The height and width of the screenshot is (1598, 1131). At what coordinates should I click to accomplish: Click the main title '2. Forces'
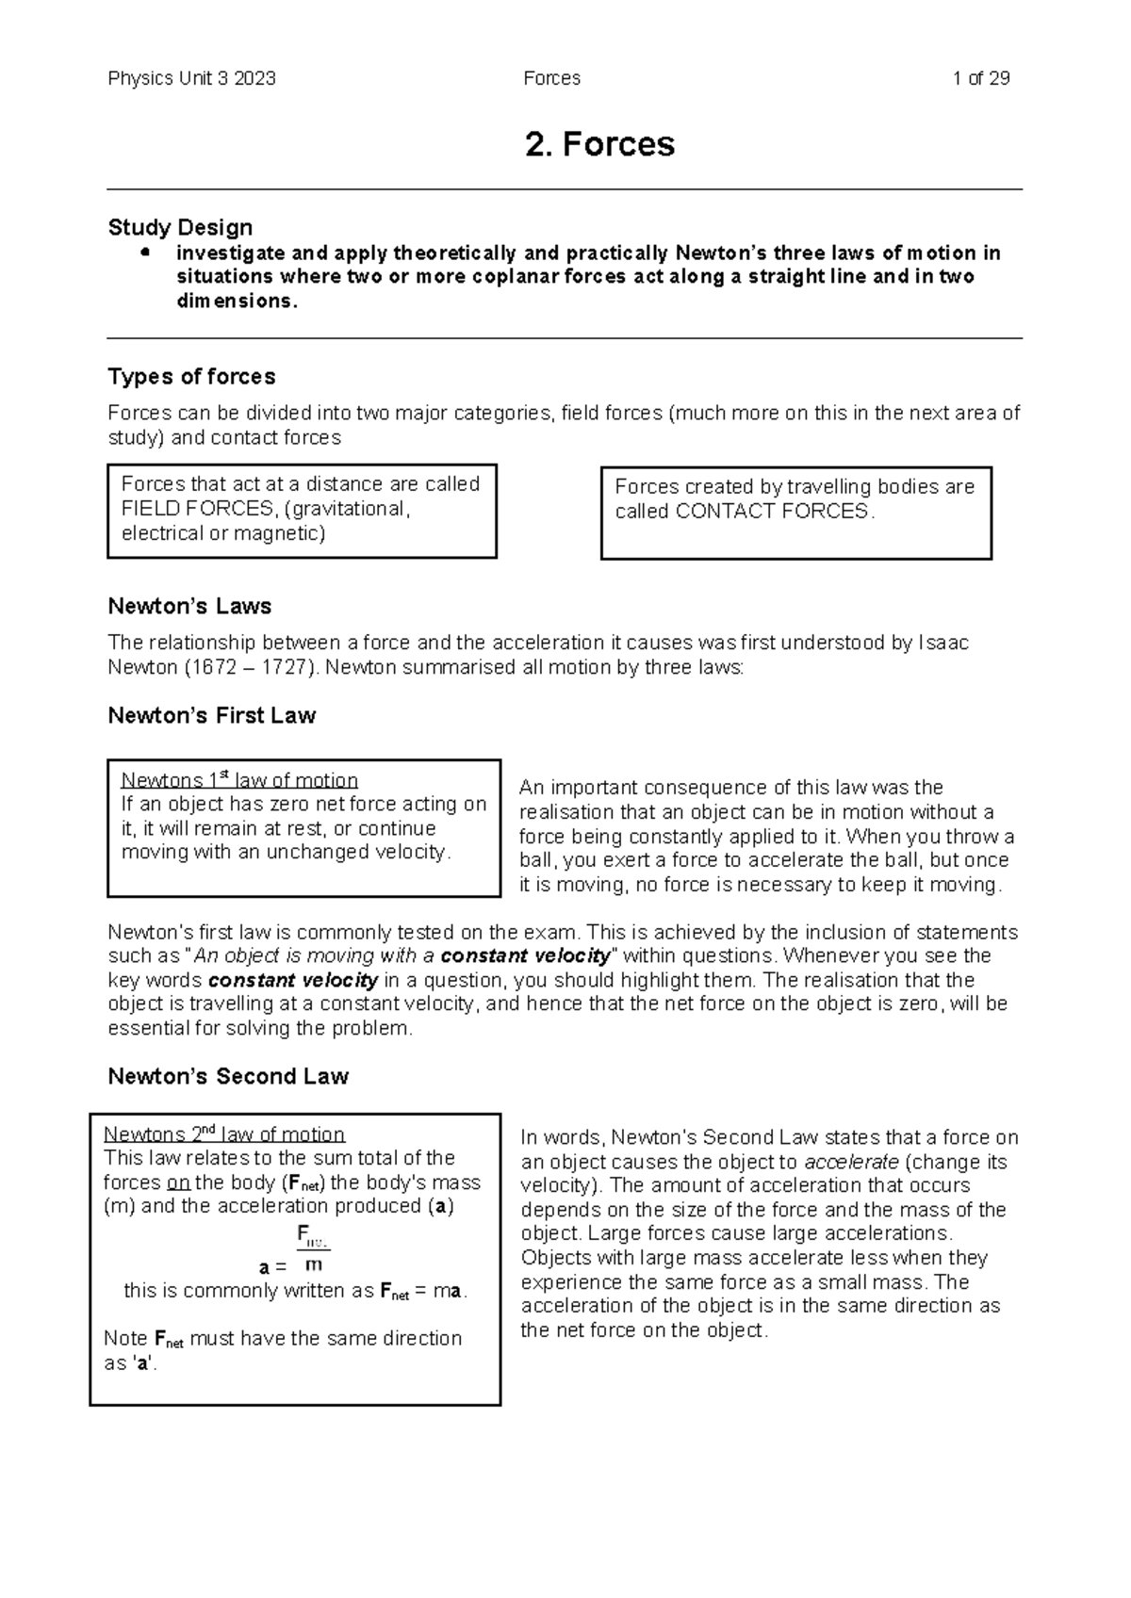tap(599, 144)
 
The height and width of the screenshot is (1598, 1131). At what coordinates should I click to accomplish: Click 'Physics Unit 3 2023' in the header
tap(191, 78)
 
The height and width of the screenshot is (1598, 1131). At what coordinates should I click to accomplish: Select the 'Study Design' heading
tap(180, 227)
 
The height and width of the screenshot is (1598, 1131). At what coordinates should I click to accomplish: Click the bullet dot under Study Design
tap(144, 253)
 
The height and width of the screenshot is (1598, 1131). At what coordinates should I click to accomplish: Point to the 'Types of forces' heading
tap(191, 377)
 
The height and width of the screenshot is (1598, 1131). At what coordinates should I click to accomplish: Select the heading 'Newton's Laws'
tap(189, 606)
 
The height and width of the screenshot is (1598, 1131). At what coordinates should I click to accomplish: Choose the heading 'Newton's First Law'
tap(211, 716)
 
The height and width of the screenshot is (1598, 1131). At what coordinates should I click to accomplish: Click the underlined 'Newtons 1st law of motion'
tap(239, 780)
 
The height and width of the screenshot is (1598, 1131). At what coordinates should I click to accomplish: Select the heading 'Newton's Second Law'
tap(228, 1077)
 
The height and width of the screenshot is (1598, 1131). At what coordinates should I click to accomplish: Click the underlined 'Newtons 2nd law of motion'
tap(224, 1134)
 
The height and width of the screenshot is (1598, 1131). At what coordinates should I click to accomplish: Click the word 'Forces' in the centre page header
tap(551, 78)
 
